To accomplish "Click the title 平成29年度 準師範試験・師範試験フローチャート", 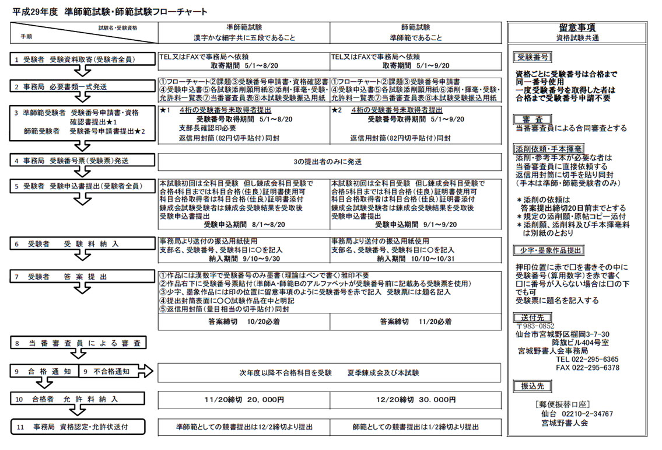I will pos(110,12).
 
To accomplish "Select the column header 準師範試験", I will pos(244,27).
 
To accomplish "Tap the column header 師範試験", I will pos(416,27).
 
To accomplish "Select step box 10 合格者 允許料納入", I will pos(79,399).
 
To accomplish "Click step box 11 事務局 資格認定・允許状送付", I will pos(79,427).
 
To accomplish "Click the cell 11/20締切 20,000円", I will pos(244,400).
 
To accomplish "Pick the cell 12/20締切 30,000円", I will pos(416,400).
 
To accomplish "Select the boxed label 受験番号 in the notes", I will pos(531,57).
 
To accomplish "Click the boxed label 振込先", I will pos(528,386).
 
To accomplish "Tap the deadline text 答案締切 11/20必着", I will pos(416,321).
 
